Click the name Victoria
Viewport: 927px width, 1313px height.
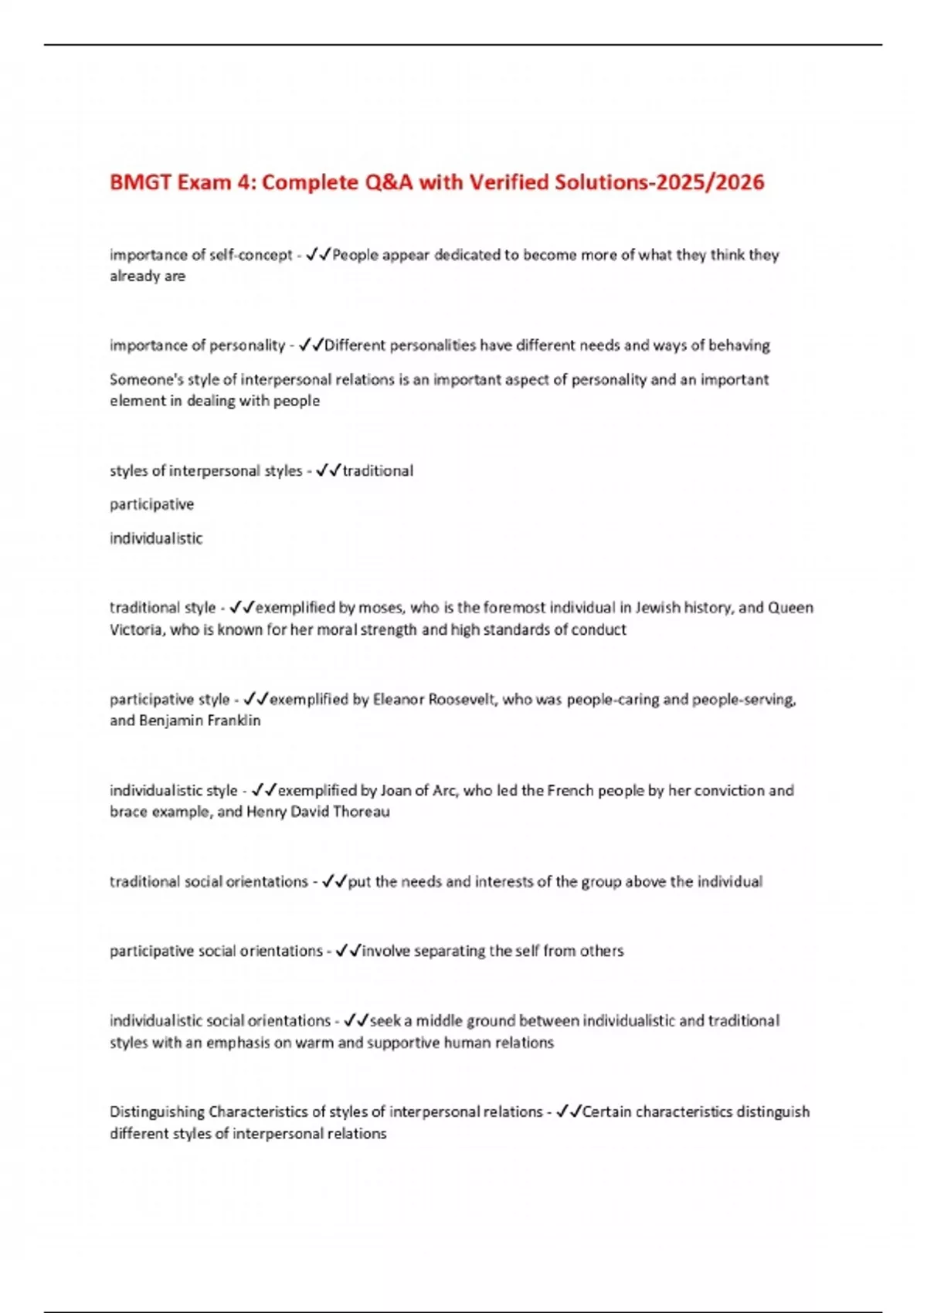click(136, 629)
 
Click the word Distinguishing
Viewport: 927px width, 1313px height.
click(157, 1112)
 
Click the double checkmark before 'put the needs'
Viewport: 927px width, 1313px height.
click(334, 881)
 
